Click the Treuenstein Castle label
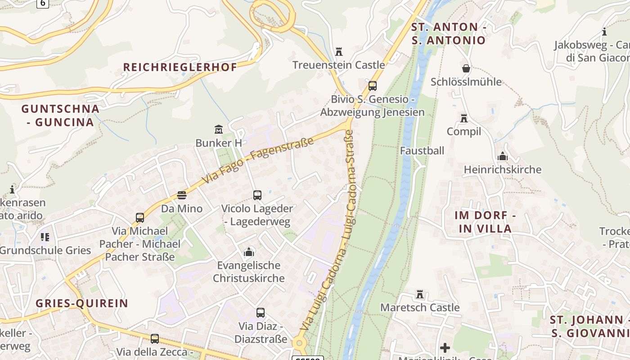[x=338, y=65]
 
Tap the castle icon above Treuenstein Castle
[x=339, y=52]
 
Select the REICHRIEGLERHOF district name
[x=180, y=67]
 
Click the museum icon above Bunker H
[x=219, y=130]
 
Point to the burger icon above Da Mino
[x=182, y=195]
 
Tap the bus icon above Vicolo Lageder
[x=257, y=195]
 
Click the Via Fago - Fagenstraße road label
[x=257, y=161]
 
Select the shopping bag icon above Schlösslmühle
[x=466, y=68]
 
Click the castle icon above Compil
[x=464, y=118]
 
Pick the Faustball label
[x=422, y=151]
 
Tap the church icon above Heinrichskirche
[x=502, y=157]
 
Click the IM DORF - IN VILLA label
[x=485, y=222]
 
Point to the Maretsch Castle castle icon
[x=420, y=294]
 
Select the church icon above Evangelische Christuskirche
[x=248, y=252]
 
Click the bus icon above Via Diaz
[x=261, y=313]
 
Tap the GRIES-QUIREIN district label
[x=82, y=303]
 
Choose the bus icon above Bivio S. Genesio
[x=372, y=85]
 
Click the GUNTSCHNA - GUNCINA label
[x=60, y=115]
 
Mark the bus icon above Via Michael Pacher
[x=140, y=218]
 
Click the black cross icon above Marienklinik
[x=445, y=348]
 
